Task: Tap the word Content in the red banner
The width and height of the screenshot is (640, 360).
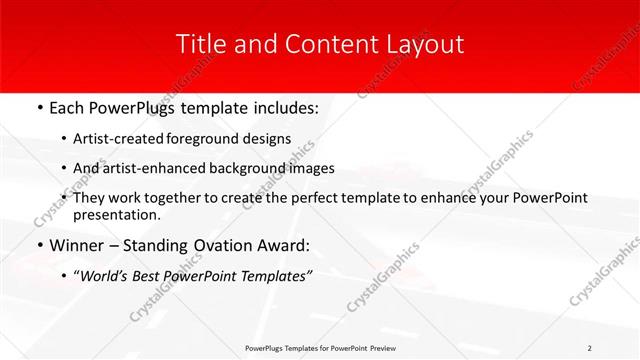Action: click(323, 44)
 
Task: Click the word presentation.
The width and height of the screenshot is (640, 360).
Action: click(116, 215)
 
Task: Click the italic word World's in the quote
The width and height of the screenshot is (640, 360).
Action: click(104, 276)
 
